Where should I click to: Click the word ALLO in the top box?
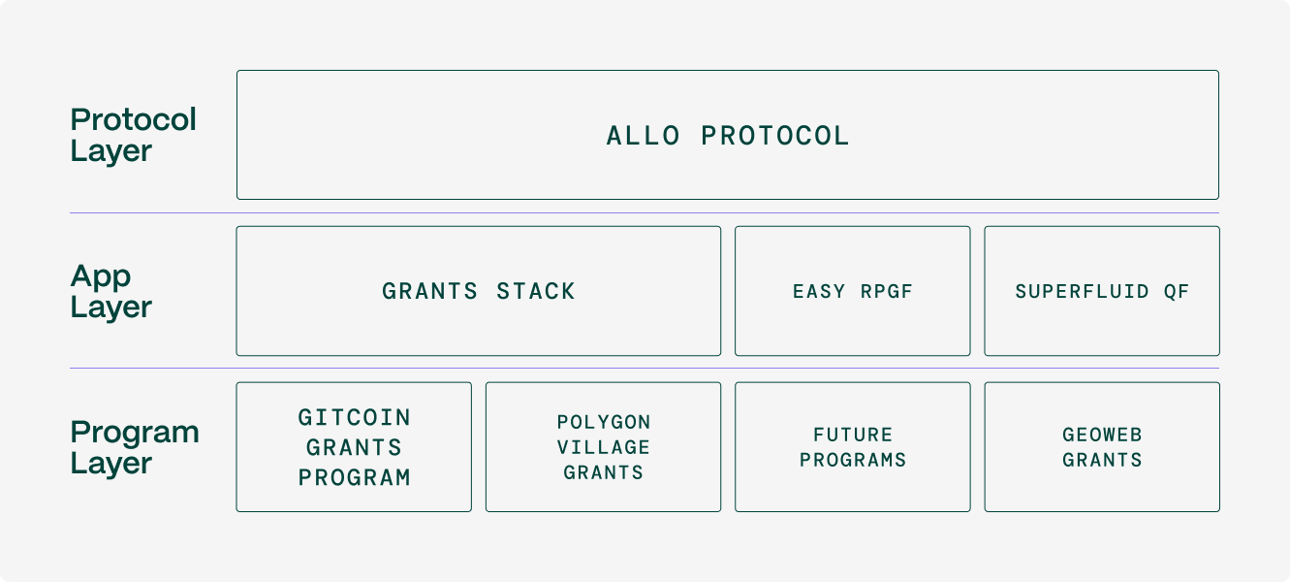643,136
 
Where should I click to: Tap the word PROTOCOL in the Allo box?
775,136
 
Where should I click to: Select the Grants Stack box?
479,291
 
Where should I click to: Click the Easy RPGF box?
852,291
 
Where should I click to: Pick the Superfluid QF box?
1102,291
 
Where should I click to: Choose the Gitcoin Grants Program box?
354,446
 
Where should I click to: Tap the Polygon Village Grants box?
603,446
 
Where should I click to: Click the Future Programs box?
852,446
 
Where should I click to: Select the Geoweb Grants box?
1102,446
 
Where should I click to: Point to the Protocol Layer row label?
133,136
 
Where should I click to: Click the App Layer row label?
111,292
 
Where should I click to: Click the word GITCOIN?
354,417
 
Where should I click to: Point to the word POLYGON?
604,422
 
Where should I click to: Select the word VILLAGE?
604,447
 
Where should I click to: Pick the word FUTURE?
853,435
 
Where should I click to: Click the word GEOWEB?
1102,435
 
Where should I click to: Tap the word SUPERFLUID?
1082,292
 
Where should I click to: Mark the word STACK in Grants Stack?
536,291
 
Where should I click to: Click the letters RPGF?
886,292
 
